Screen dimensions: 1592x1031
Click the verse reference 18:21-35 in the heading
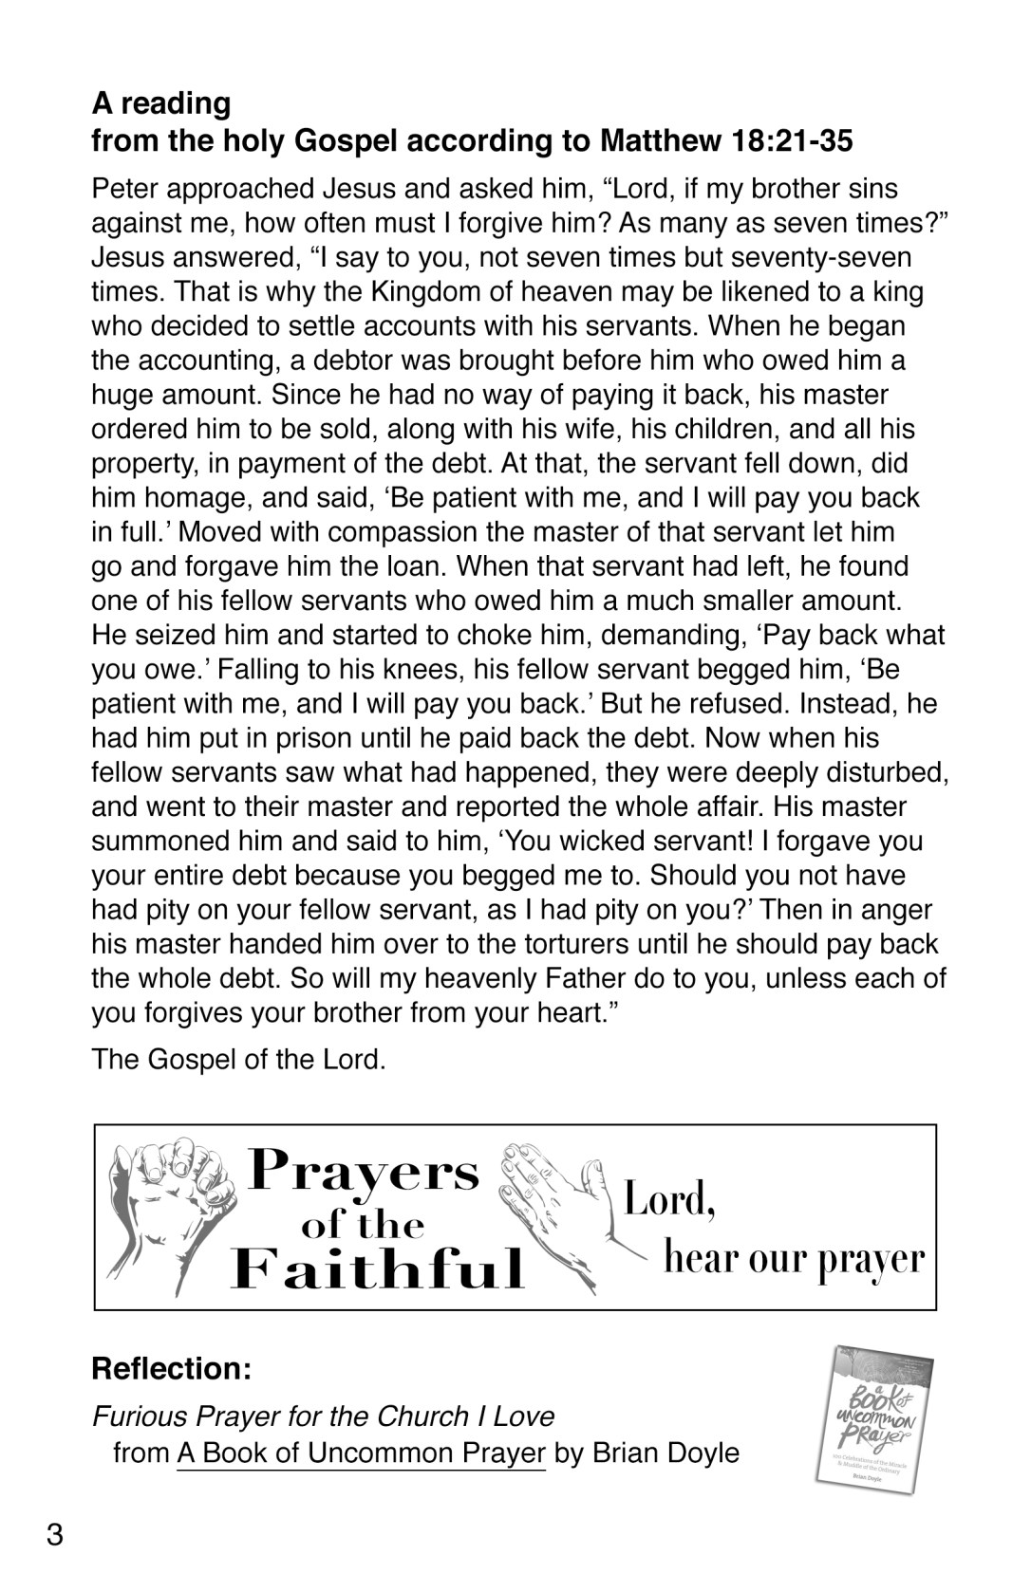point(793,141)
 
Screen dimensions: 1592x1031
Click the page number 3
point(55,1534)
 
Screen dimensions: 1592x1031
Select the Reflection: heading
point(171,1369)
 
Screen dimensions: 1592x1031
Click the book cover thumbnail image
point(872,1418)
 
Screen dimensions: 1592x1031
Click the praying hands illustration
point(551,1205)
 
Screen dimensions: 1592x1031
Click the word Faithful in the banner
point(378,1268)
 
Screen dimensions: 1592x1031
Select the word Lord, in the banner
point(669,1199)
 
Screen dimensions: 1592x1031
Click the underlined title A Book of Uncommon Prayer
point(361,1453)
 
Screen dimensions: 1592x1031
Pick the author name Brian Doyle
point(665,1453)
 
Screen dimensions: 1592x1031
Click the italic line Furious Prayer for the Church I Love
point(323,1416)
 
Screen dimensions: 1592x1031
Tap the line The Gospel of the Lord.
point(238,1059)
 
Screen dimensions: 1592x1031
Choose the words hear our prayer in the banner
point(793,1259)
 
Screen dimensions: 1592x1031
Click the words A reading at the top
point(161,102)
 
